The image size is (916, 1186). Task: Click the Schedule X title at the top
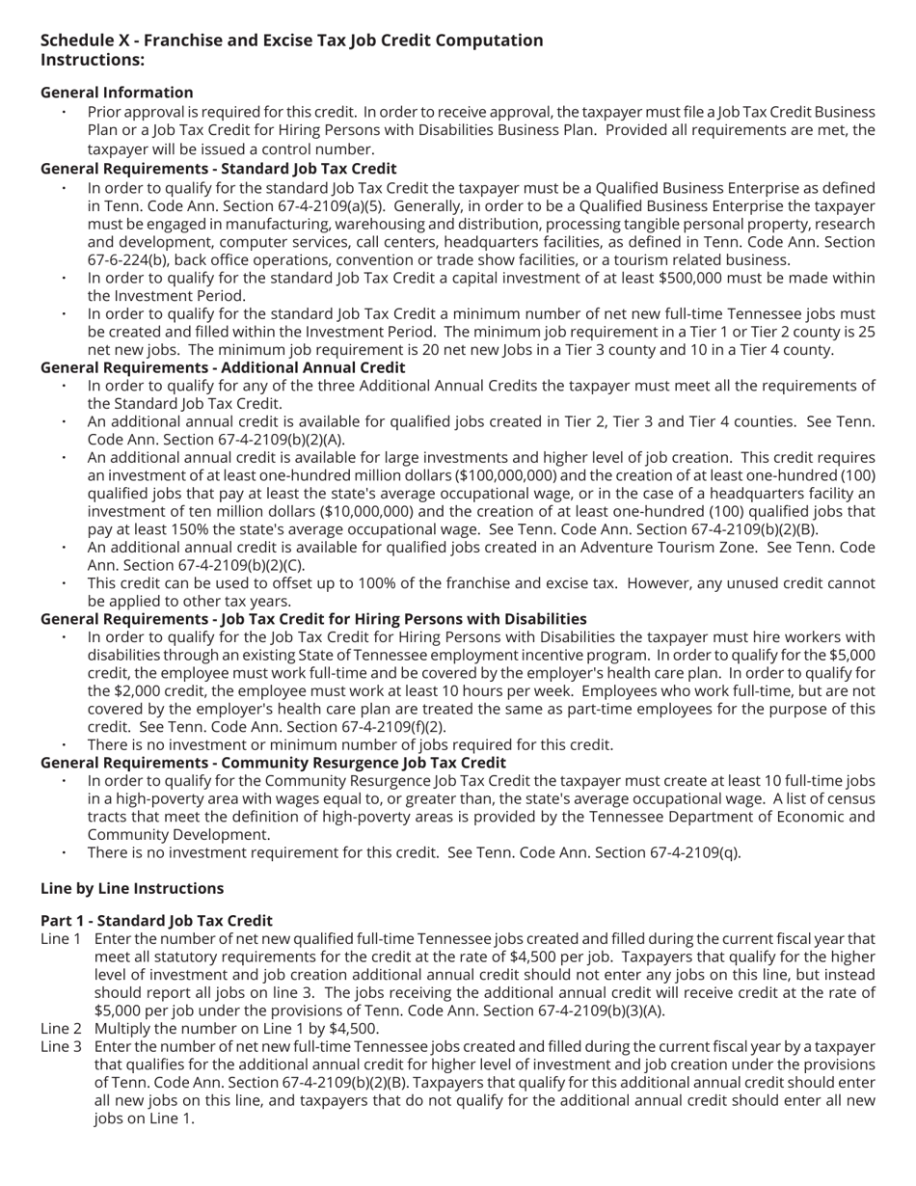point(291,40)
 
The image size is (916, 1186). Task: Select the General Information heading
point(117,93)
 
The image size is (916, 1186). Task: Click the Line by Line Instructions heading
point(132,888)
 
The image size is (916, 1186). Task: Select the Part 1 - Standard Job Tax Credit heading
point(156,921)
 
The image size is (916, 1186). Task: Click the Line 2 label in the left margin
point(61,1029)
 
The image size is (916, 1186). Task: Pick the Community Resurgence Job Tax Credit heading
point(273,763)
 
